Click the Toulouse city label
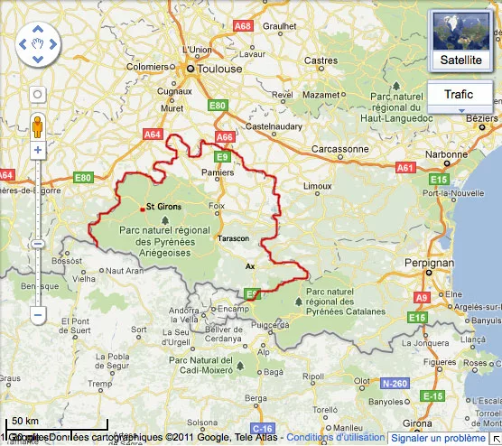coord(221,69)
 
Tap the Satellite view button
coord(460,41)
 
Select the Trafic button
coord(459,95)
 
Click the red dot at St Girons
coord(142,209)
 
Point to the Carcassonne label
coord(339,149)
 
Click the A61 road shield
coord(405,168)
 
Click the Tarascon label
coord(235,239)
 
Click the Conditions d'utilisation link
coord(335,438)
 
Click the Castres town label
coord(321,60)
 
